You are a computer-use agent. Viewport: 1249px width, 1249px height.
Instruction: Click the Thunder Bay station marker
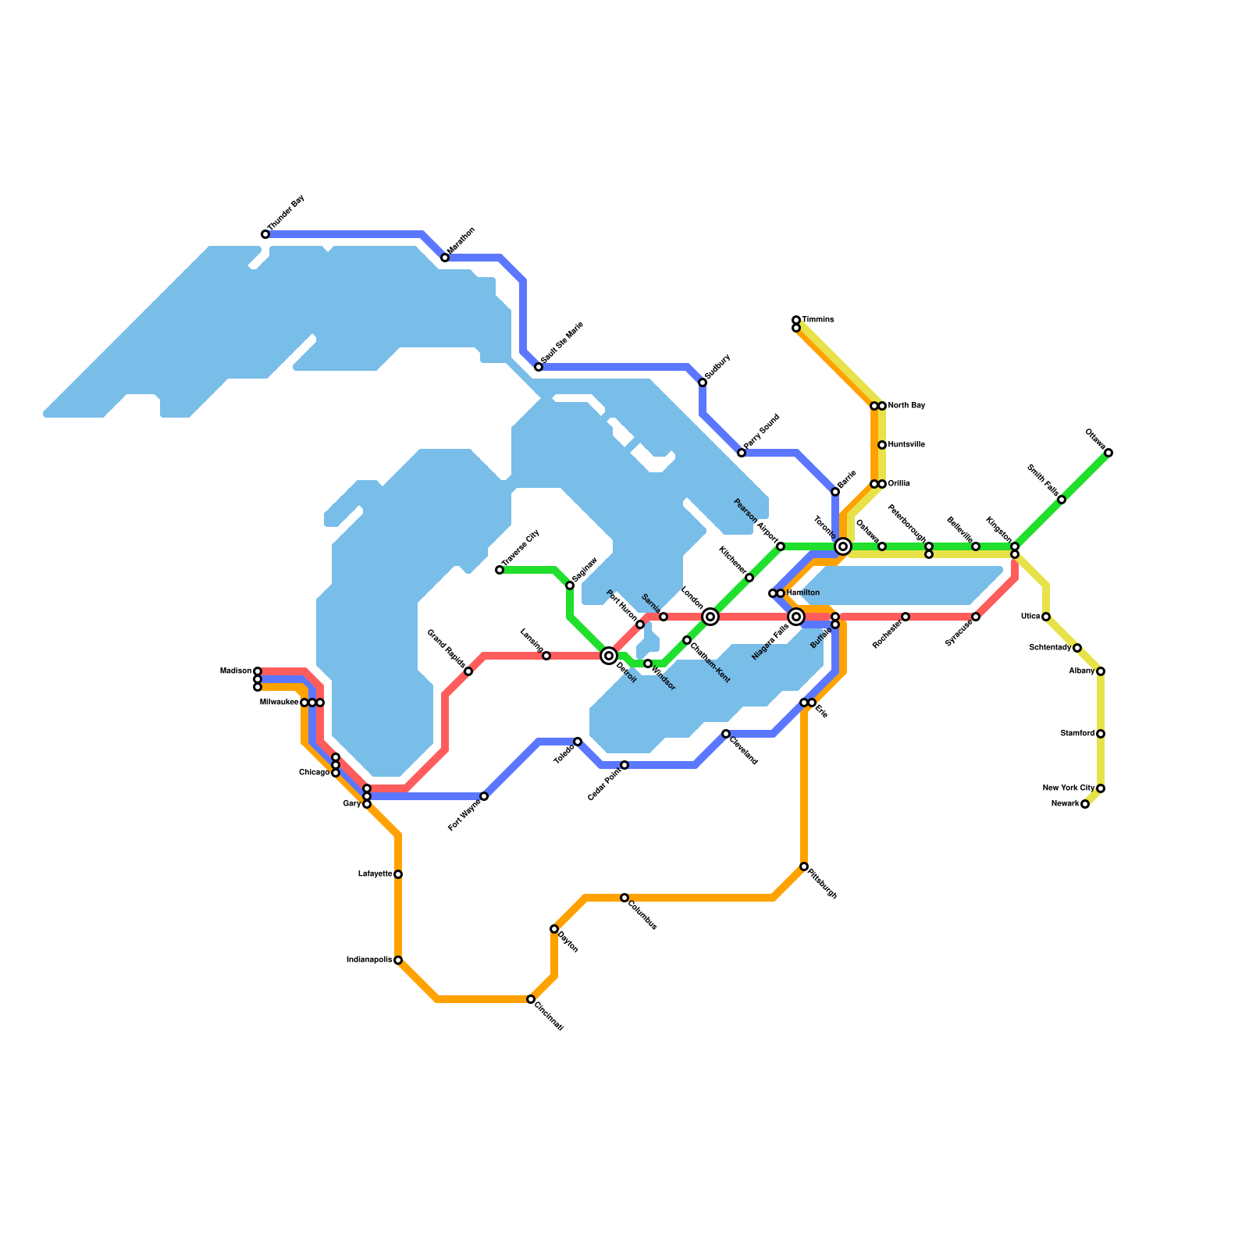pyautogui.click(x=265, y=234)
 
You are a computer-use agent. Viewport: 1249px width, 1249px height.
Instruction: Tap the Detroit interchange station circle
pyautogui.click(x=609, y=656)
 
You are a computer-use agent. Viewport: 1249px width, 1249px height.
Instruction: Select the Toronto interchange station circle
pyautogui.click(x=843, y=546)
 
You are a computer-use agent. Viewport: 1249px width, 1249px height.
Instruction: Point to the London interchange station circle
pyautogui.click(x=710, y=617)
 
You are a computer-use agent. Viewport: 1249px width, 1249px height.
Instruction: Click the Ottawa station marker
pyautogui.click(x=1108, y=453)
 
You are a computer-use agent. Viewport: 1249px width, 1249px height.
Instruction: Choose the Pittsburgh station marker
pyautogui.click(x=804, y=866)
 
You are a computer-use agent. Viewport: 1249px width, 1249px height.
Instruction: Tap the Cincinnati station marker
pyautogui.click(x=531, y=999)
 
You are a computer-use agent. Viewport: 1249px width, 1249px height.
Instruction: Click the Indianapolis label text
pyautogui.click(x=368, y=960)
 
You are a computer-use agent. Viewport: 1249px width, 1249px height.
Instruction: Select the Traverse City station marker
pyautogui.click(x=500, y=570)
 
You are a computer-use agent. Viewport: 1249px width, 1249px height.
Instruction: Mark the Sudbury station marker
pyautogui.click(x=703, y=383)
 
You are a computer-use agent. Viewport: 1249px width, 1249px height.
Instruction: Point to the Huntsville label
pyautogui.click(x=906, y=445)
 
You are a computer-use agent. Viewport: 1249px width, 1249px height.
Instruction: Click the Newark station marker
pyautogui.click(x=1085, y=804)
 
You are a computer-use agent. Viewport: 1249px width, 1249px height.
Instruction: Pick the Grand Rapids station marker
pyautogui.click(x=468, y=671)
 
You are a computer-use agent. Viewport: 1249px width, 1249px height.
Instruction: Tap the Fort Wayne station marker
pyautogui.click(x=484, y=796)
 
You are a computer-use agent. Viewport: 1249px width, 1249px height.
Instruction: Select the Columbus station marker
pyautogui.click(x=624, y=898)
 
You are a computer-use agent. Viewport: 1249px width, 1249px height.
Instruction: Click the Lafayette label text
pyautogui.click(x=375, y=874)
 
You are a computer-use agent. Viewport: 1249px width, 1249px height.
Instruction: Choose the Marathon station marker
pyautogui.click(x=445, y=258)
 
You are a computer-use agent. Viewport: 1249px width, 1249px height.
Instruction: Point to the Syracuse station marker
pyautogui.click(x=976, y=617)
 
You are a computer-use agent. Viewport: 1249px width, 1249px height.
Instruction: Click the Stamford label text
pyautogui.click(x=1077, y=734)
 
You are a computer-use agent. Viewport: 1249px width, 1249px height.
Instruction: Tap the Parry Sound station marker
pyautogui.click(x=742, y=453)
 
